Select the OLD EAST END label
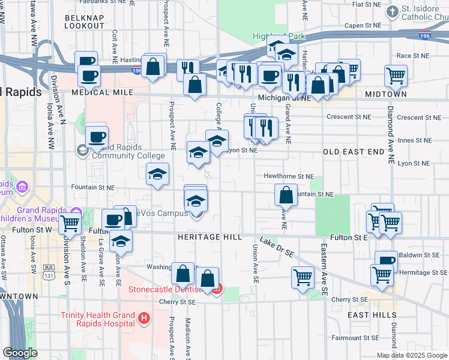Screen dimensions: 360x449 (353, 152)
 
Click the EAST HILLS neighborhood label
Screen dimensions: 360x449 (372, 314)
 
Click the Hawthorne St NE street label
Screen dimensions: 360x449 (289, 176)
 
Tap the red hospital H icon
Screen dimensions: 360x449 (143, 317)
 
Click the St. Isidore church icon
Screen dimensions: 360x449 (393, 11)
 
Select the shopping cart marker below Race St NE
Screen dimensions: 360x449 (396, 76)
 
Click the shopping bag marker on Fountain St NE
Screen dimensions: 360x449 (286, 194)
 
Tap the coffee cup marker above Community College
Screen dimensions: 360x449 (97, 137)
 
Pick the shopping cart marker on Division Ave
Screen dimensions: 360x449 (70, 223)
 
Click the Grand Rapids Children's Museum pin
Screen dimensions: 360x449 (76, 213)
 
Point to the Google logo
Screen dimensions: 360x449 (20, 353)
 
